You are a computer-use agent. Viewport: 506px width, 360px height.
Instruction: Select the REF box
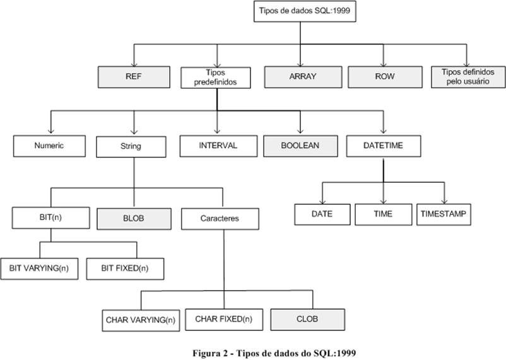[x=134, y=76]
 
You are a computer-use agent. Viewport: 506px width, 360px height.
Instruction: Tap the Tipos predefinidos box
[x=216, y=77]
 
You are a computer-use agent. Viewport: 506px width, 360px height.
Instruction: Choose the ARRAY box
[x=302, y=76]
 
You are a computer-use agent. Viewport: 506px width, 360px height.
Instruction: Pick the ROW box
[x=384, y=76]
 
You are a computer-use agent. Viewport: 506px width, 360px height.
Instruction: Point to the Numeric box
[x=49, y=146]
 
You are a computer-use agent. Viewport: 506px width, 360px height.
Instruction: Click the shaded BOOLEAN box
[x=300, y=146]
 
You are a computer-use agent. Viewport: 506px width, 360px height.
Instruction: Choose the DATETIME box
[x=383, y=146]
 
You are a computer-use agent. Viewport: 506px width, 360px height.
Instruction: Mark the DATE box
[x=322, y=214]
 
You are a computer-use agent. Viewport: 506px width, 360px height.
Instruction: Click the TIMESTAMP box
[x=443, y=214]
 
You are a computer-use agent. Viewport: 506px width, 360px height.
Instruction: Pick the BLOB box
[x=133, y=218]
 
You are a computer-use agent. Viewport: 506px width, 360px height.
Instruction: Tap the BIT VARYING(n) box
[x=38, y=268]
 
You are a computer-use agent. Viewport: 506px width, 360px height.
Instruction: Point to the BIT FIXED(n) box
[x=125, y=268]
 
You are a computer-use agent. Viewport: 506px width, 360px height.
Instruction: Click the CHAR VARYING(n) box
[x=140, y=320]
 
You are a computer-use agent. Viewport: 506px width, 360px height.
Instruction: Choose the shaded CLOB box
[x=308, y=318]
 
